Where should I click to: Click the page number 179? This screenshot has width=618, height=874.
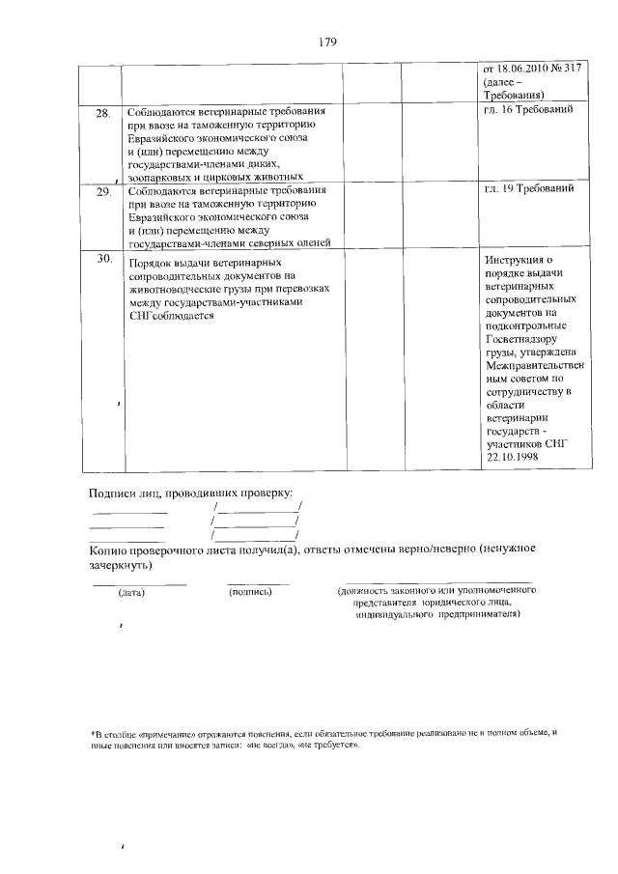pyautogui.click(x=326, y=42)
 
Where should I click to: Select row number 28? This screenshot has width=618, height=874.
pyautogui.click(x=103, y=114)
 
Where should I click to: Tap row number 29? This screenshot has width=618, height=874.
pyautogui.click(x=103, y=192)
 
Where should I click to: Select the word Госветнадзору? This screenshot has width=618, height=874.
pyautogui.click(x=527, y=341)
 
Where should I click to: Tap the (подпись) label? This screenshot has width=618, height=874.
pyautogui.click(x=251, y=592)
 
